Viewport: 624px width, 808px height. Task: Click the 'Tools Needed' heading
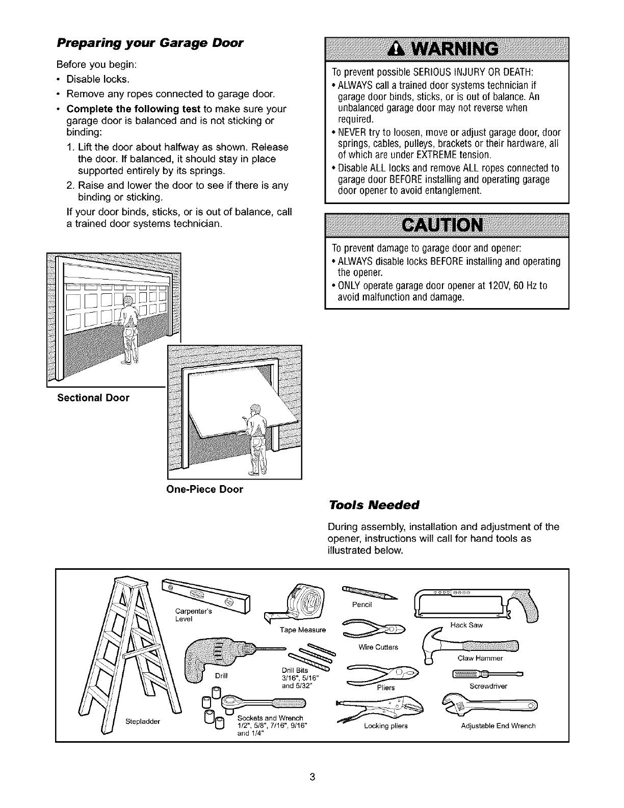(373, 505)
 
